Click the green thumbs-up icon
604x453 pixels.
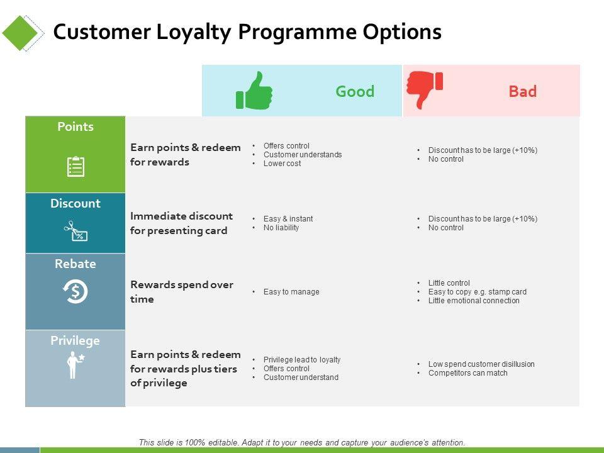[x=254, y=91]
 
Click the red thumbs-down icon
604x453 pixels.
[x=425, y=90]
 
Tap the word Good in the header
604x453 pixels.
[x=355, y=91]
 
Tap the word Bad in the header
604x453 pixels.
[x=523, y=91]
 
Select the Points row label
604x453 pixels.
[x=75, y=126]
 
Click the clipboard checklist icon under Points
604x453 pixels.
[x=75, y=166]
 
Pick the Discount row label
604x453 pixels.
[x=75, y=203]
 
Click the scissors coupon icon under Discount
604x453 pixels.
[x=75, y=231]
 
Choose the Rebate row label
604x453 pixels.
[x=75, y=264]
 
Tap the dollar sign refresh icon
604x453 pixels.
[x=75, y=291]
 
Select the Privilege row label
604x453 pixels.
[x=75, y=341]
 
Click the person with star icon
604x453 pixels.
[x=75, y=365]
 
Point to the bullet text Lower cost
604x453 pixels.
[x=282, y=164]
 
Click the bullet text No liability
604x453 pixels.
[x=281, y=228]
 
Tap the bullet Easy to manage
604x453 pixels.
[x=291, y=292]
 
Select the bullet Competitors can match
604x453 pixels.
[x=467, y=373]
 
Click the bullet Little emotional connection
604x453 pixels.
[x=474, y=301]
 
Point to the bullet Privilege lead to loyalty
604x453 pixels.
[x=302, y=360]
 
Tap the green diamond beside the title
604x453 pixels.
[x=20, y=33]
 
